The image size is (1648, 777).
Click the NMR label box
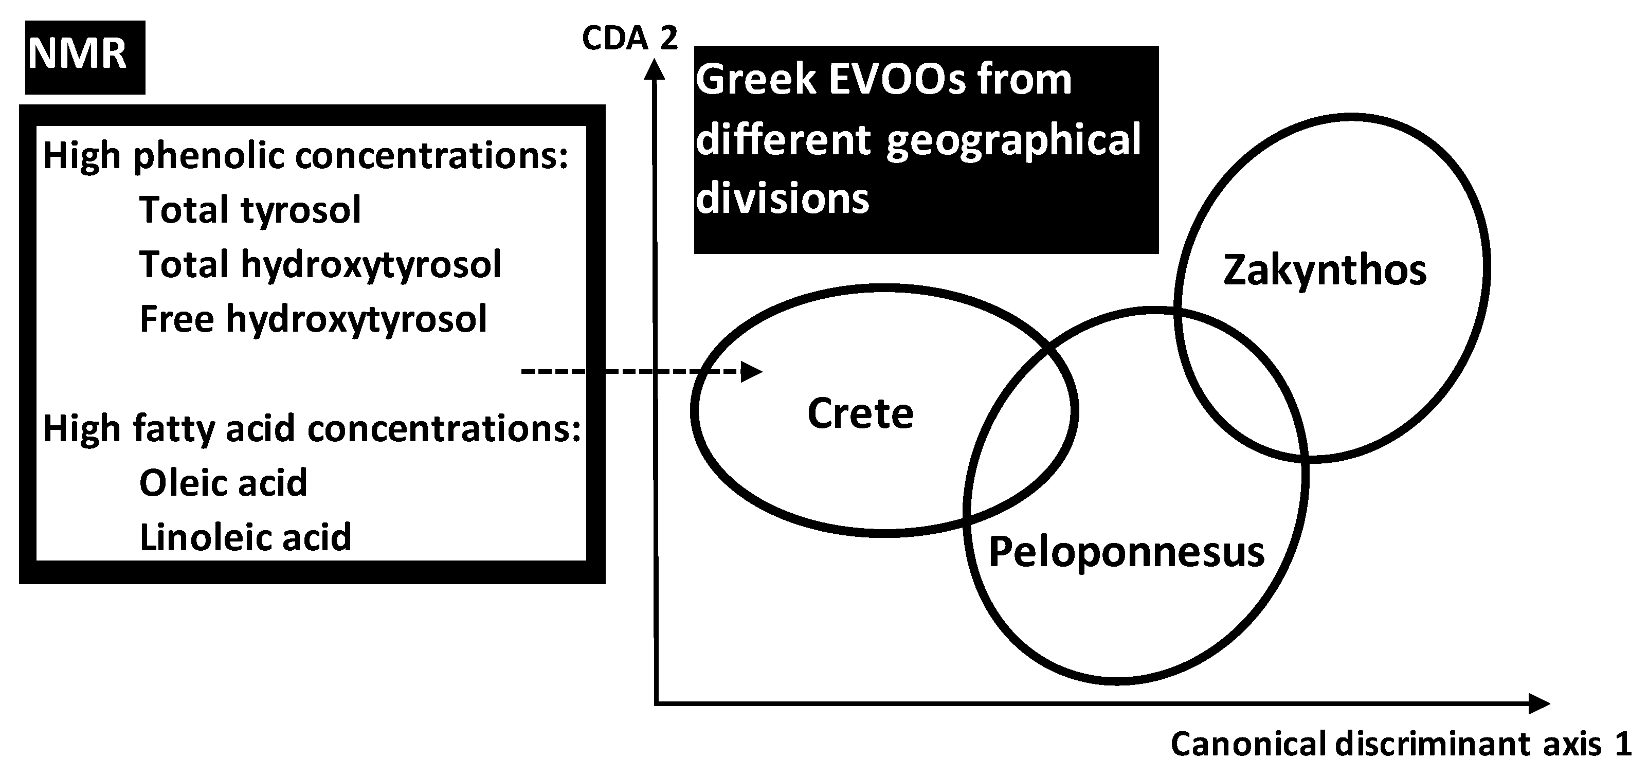pyautogui.click(x=84, y=57)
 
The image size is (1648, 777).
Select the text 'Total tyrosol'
pyautogui.click(x=250, y=210)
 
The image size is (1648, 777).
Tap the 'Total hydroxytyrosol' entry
pyautogui.click(x=320, y=264)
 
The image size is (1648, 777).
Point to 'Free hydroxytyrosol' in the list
pyautogui.click(x=313, y=319)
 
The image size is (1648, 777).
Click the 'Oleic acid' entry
pyautogui.click(x=223, y=482)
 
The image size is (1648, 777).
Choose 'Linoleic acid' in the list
pyautogui.click(x=246, y=537)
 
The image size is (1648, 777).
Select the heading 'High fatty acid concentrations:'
pyautogui.click(x=312, y=428)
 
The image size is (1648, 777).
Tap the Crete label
pyautogui.click(x=860, y=413)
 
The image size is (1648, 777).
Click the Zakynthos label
pyautogui.click(x=1324, y=270)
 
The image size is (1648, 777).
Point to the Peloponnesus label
pyautogui.click(x=1126, y=552)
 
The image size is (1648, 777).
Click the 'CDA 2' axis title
pyautogui.click(x=629, y=39)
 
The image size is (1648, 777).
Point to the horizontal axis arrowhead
pyautogui.click(x=1538, y=703)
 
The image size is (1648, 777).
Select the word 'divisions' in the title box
pyautogui.click(x=783, y=198)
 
